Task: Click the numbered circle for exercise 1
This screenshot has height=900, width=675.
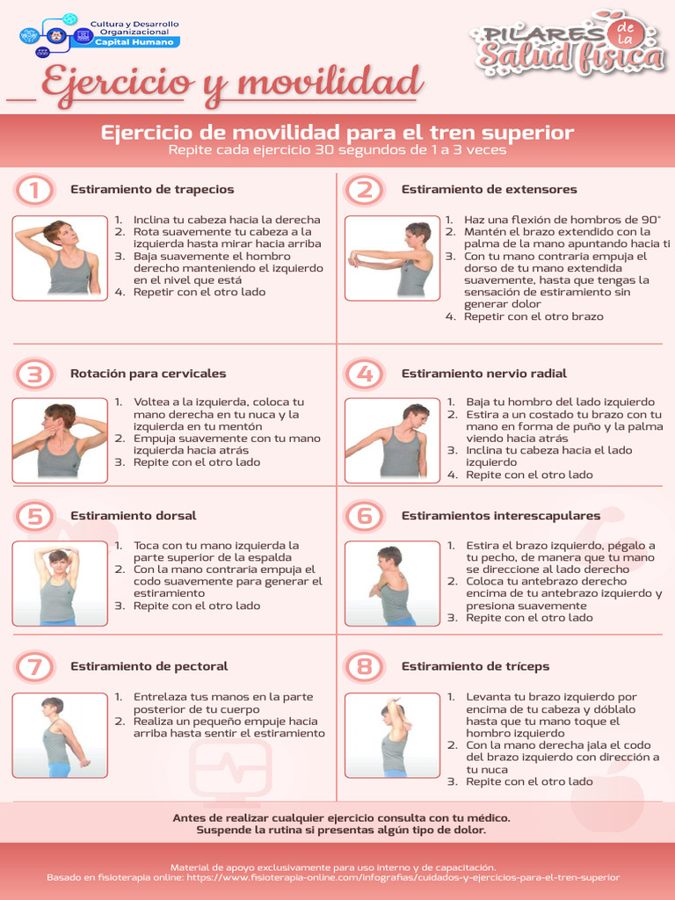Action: pyautogui.click(x=34, y=190)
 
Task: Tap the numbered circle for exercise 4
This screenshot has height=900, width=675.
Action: pyautogui.click(x=365, y=374)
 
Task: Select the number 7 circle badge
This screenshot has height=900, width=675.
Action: pyautogui.click(x=34, y=667)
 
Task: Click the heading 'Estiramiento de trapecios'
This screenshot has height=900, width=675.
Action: pyautogui.click(x=152, y=190)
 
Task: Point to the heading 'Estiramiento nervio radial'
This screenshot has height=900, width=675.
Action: pyautogui.click(x=484, y=374)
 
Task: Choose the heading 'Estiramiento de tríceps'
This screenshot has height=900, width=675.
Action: pyautogui.click(x=475, y=666)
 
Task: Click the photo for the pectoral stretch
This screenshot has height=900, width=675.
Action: pyautogui.click(x=60, y=736)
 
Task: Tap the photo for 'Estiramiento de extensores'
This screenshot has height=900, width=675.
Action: pyautogui.click(x=392, y=258)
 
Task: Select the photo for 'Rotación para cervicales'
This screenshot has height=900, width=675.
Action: pyautogui.click(x=60, y=440)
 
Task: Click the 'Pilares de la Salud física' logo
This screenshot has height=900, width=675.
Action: pyautogui.click(x=569, y=44)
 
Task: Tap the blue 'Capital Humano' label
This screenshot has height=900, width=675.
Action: pyautogui.click(x=134, y=42)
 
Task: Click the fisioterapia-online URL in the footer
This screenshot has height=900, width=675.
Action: pyautogui.click(x=403, y=878)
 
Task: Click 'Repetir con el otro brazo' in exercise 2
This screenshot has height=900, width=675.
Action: pyautogui.click(x=533, y=316)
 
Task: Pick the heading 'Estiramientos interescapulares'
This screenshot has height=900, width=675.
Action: pyautogui.click(x=500, y=515)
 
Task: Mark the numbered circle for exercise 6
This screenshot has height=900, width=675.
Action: pyautogui.click(x=365, y=516)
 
